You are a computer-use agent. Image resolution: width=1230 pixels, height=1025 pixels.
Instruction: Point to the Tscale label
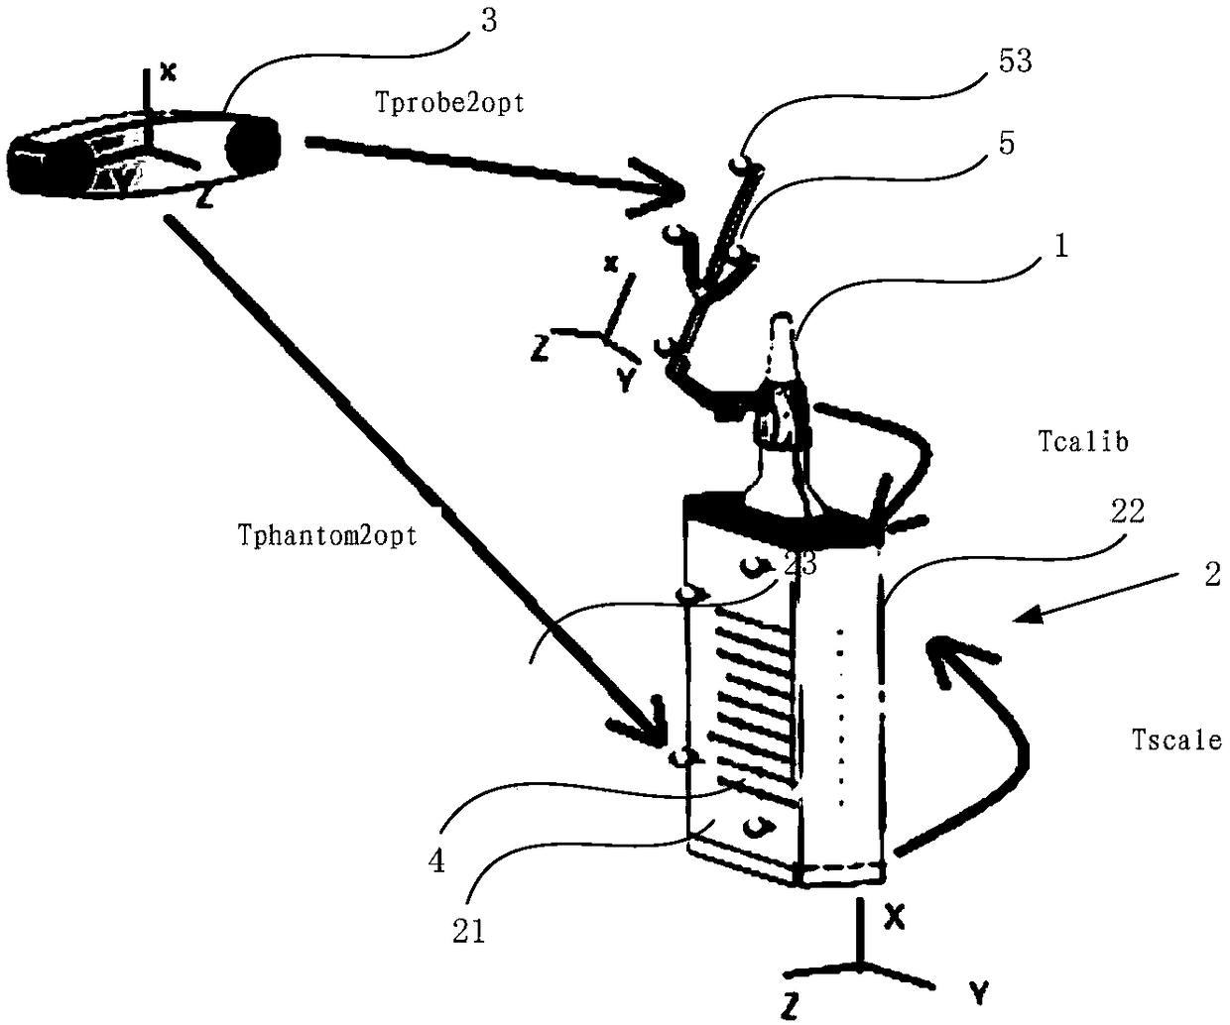(x=1175, y=739)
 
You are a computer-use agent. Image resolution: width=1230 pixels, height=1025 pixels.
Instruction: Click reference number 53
(x=1010, y=61)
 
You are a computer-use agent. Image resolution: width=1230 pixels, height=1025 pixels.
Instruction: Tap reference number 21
(x=468, y=931)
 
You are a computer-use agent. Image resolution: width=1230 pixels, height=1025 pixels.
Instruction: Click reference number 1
(x=1060, y=247)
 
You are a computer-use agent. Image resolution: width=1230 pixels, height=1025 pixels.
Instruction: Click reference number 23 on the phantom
(x=799, y=563)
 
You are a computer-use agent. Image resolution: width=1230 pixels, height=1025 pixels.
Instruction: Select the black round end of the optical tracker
(x=253, y=146)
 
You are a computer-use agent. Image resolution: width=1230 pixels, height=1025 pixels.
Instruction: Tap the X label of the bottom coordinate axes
(x=894, y=918)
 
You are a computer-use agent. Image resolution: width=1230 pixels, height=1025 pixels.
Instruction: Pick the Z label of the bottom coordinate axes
(x=791, y=1006)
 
